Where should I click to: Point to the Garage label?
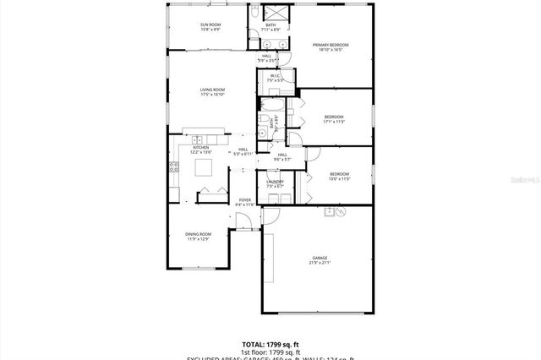[x=320, y=258]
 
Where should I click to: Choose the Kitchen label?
[x=201, y=148]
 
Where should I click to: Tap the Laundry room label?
[x=275, y=182]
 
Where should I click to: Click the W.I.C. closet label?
[x=275, y=75]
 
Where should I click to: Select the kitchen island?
[x=205, y=167]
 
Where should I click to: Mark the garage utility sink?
[x=328, y=212]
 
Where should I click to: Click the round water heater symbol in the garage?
[x=341, y=212]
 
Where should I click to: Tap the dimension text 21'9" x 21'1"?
[x=320, y=263]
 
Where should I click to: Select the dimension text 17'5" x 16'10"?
[x=212, y=95]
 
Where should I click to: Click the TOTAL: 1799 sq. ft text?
[x=270, y=345]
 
